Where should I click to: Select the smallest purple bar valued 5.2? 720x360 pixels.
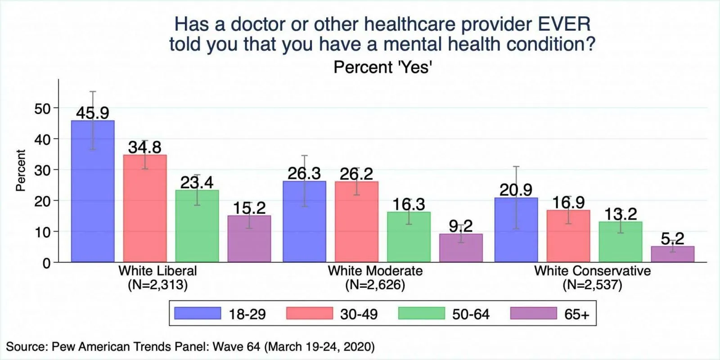(672, 254)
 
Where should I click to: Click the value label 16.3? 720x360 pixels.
(409, 204)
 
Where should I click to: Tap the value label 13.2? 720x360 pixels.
(620, 214)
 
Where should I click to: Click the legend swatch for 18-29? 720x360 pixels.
(198, 313)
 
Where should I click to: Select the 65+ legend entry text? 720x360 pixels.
(576, 314)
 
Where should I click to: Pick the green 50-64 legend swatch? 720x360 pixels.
(422, 313)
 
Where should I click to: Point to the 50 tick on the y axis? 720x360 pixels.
(42, 108)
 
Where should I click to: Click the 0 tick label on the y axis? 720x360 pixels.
(46, 263)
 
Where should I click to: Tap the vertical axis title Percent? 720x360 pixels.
(21, 171)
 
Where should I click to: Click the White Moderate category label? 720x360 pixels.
(375, 271)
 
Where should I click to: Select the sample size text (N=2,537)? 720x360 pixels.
(592, 285)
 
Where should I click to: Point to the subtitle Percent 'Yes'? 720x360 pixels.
(382, 67)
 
